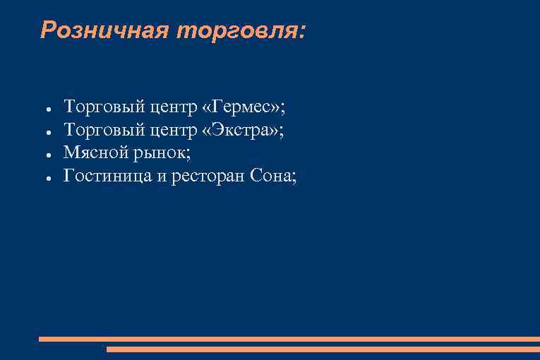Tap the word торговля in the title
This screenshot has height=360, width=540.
pos(240,30)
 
